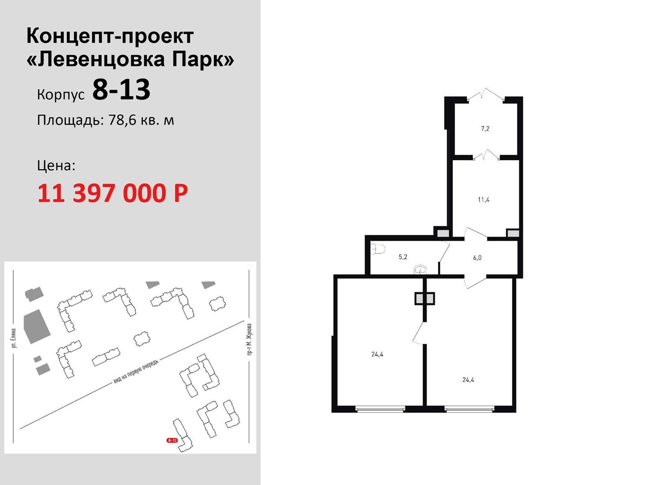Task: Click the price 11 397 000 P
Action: coord(113,193)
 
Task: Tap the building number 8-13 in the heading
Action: coord(121,89)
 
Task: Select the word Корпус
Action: coord(61,95)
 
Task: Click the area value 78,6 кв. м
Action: coord(141,120)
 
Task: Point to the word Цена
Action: coord(56,165)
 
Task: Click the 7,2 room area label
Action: coord(485,129)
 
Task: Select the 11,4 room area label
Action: coord(483,200)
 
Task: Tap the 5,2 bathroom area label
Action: coord(403,257)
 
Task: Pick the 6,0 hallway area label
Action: coord(477,258)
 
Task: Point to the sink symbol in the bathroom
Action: coord(420,270)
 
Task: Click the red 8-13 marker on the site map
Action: coord(172,440)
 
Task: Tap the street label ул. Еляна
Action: coord(13,338)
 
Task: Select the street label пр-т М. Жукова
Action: coord(249,339)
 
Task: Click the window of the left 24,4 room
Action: coord(380,409)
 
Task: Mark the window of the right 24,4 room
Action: coord(469,409)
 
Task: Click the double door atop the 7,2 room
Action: coord(486,94)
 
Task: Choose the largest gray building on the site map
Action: coord(37,326)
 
